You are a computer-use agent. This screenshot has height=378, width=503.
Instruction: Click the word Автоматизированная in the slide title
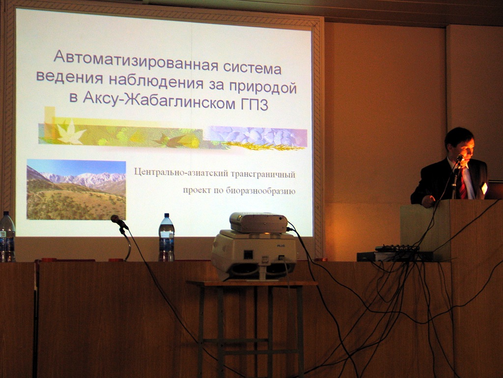coord(136,59)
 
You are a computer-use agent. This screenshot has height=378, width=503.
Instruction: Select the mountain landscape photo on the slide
coord(76,189)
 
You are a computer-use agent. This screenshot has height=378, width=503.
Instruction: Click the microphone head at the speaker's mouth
coord(460,158)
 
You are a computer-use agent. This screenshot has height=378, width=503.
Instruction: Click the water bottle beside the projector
coord(167,237)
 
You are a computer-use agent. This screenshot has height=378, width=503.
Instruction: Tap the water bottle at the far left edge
coord(7,236)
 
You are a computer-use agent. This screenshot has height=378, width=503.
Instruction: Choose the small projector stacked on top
coord(258,222)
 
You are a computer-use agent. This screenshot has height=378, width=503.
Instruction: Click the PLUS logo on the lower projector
coord(280,246)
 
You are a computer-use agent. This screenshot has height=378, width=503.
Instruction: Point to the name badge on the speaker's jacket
coord(484,188)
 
